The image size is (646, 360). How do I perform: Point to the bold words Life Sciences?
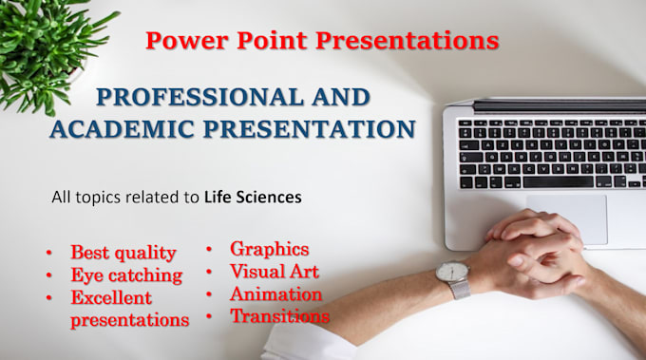coord(253,198)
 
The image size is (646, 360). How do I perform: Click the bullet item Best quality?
coord(123,253)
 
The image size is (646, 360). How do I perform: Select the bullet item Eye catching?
coord(125,275)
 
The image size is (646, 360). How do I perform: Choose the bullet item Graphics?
coord(269,249)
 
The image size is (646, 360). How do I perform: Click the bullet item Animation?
coord(275,294)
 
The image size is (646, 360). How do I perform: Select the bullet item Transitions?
coord(279,316)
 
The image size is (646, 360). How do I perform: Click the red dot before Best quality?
coord(48,254)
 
